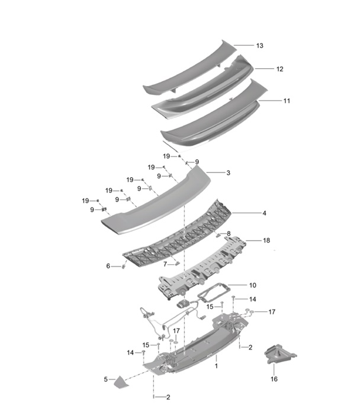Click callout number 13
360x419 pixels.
point(259,46)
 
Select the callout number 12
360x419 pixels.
point(279,69)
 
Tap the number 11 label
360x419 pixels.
point(287,101)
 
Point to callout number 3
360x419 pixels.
point(227,173)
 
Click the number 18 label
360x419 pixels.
point(266,241)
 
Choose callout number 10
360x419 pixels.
point(252,285)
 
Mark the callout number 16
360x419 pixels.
point(274,379)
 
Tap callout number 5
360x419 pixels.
point(106,379)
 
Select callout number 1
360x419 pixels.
point(216,367)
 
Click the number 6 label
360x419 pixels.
point(108,267)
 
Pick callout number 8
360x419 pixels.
point(229,234)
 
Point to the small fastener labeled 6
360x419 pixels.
point(124,266)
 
